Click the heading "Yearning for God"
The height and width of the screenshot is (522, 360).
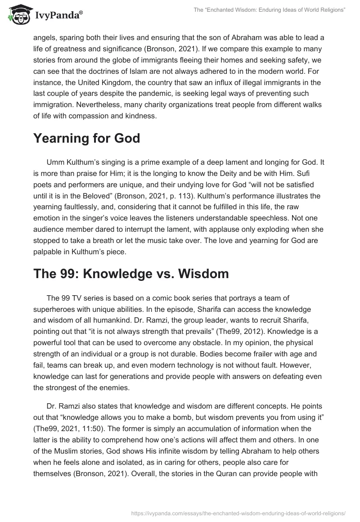click(86, 139)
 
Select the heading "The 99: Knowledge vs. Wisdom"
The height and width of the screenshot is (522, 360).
click(131, 274)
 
